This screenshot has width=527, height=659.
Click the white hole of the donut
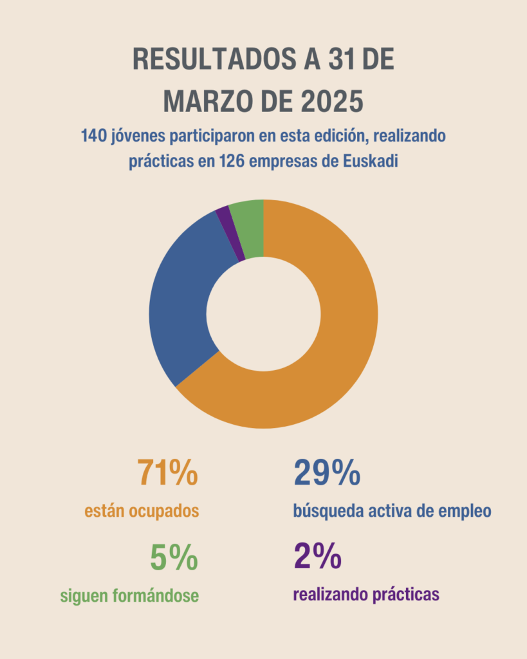pos(264,314)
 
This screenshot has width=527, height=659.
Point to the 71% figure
pos(167,473)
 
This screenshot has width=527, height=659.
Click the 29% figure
pos(326,473)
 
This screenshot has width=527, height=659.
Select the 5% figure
pos(174,557)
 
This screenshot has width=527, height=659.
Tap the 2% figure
pos(317,557)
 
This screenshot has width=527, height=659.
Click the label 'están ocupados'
pos(142,512)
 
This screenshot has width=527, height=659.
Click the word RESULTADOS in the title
pos(204,60)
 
